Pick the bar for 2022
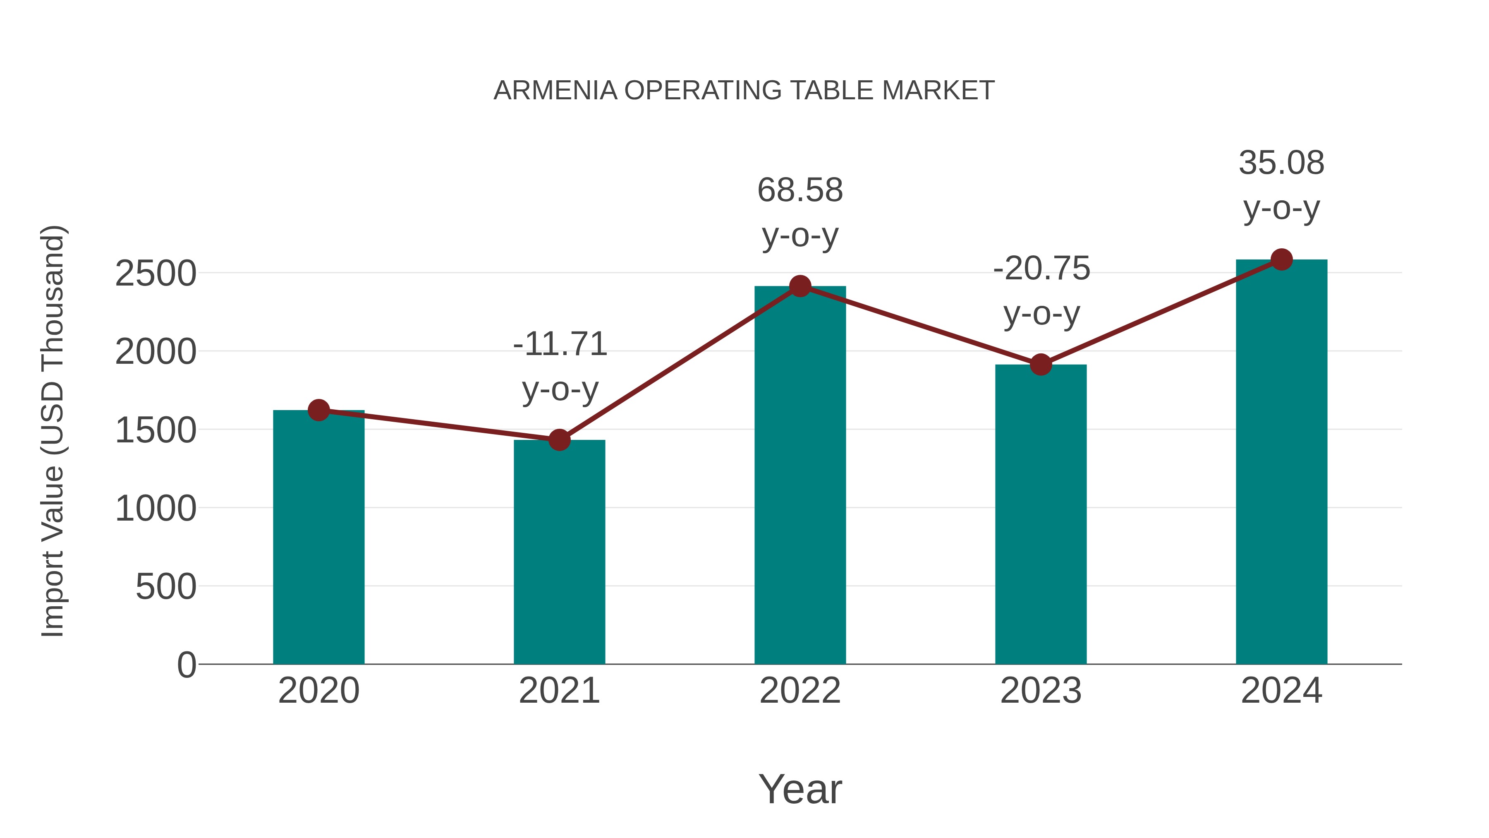point(800,474)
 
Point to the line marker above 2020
point(318,410)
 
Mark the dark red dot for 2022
point(800,286)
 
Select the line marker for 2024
point(1281,259)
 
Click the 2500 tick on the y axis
point(156,274)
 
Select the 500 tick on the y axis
point(165,587)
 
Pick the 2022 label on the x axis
point(800,691)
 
